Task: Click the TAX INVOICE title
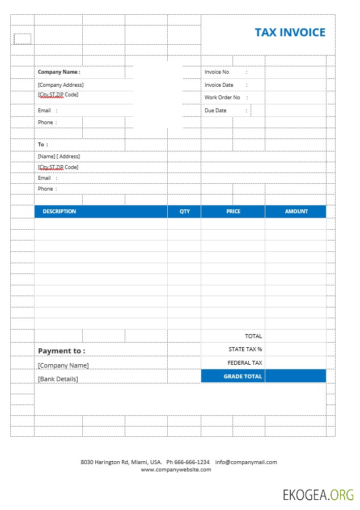[290, 32]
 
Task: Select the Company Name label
[59, 72]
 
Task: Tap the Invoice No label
[217, 72]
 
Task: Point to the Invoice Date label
[219, 85]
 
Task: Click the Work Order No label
[222, 98]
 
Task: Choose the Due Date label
[215, 111]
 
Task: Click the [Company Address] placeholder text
[61, 85]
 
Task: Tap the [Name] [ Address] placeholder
[59, 156]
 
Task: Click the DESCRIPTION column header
[60, 212]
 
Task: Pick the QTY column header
[185, 212]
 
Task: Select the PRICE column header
[233, 212]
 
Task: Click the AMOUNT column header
[296, 212]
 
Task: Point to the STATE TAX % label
[245, 349]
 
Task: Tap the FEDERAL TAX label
[245, 363]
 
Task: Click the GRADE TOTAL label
[243, 376]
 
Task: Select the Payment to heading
[61, 351]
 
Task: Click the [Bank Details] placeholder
[58, 379]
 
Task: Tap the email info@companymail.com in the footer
[246, 462]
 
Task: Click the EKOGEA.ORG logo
[318, 495]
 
